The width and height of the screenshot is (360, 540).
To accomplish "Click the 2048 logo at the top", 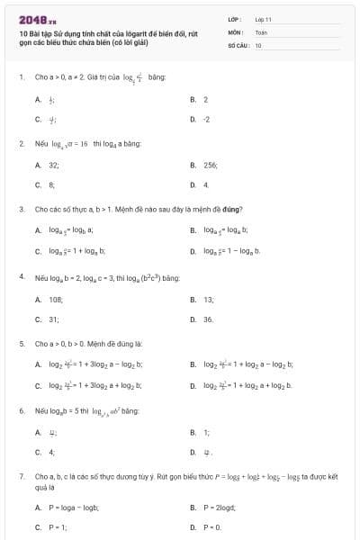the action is coord(36,19).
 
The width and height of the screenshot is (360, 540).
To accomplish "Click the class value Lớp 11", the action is coord(263,19).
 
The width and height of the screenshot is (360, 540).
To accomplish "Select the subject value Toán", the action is coord(261,31).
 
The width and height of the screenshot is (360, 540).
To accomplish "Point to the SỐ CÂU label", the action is coord(237,44).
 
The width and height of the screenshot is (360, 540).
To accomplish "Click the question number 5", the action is coord(21,344).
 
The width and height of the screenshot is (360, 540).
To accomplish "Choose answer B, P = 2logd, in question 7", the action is coord(217,508).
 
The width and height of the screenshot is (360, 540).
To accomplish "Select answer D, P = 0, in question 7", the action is coord(212,527).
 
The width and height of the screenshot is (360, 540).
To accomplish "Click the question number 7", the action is coord(21,474).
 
